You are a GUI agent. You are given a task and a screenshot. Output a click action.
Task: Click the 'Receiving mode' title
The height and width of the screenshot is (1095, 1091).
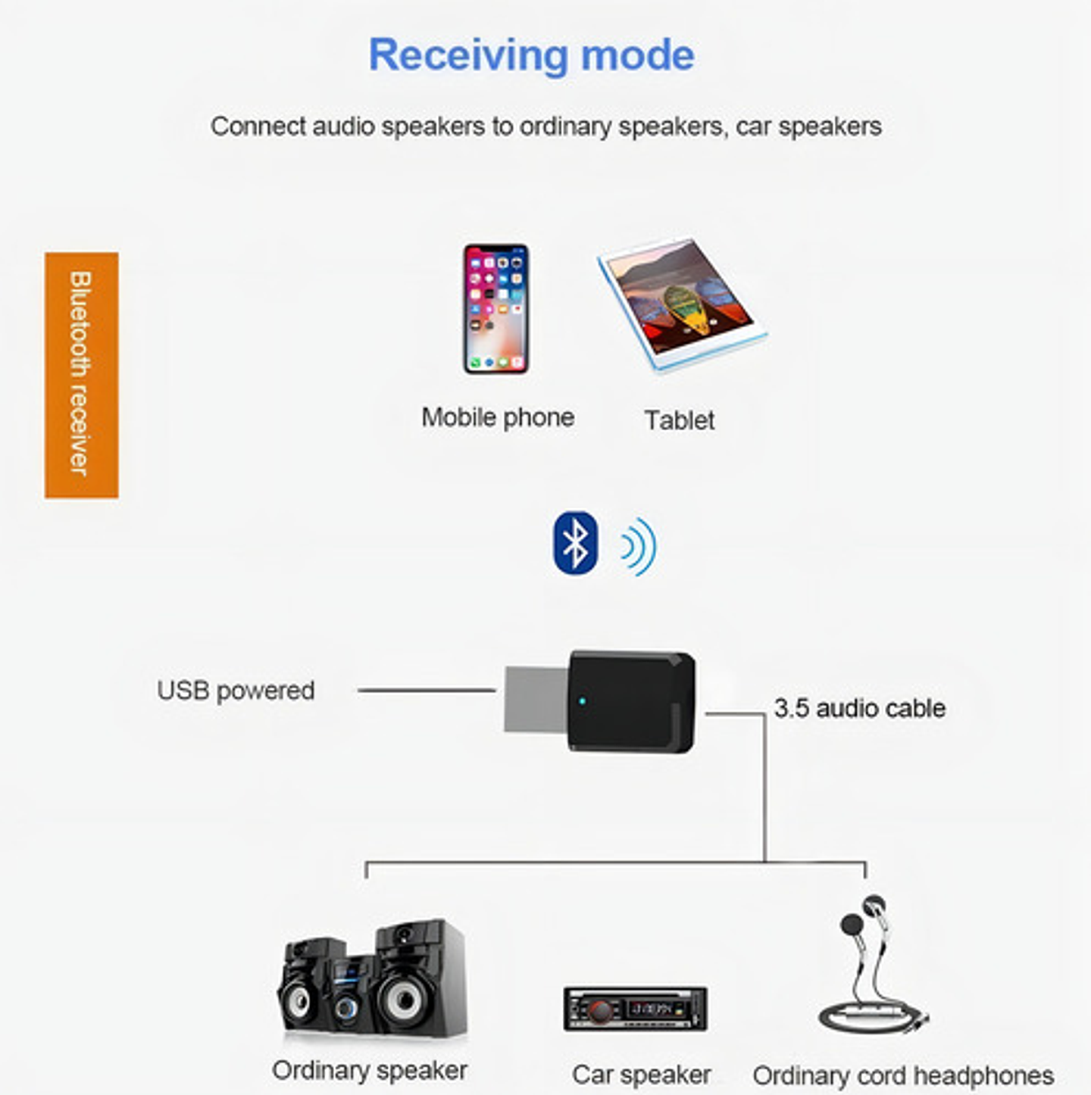[x=531, y=55]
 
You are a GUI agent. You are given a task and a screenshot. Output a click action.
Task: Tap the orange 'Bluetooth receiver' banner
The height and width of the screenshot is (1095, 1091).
[x=81, y=375]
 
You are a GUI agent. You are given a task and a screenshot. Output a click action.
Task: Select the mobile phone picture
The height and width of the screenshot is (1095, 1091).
[x=496, y=308]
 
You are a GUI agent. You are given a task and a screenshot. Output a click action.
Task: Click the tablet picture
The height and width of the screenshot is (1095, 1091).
[x=681, y=304]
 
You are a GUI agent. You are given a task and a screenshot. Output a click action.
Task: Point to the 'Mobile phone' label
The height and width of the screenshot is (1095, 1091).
[x=498, y=417]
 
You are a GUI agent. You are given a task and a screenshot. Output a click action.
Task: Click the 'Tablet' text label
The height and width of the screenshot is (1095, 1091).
[x=679, y=420]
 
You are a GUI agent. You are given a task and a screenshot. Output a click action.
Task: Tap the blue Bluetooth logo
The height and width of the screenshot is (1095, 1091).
[x=576, y=543]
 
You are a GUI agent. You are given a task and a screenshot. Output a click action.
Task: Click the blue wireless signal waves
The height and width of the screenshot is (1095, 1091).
[x=638, y=546]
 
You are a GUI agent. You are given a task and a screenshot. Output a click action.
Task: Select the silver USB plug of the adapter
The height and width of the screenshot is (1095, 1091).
[x=536, y=700]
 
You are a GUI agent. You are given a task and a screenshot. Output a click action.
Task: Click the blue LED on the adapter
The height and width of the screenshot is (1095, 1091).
[x=582, y=700]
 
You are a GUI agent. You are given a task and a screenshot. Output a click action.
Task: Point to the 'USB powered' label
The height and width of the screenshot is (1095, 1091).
[x=236, y=691]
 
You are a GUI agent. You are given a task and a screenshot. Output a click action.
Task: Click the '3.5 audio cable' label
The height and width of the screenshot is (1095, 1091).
[x=859, y=708]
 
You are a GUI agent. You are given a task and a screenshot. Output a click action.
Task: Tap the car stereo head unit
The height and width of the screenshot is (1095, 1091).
[x=635, y=1009]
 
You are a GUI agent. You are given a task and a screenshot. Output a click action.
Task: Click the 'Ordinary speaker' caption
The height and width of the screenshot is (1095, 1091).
[x=370, y=1070]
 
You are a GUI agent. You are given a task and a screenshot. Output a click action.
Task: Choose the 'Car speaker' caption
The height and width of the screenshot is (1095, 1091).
[x=641, y=1075]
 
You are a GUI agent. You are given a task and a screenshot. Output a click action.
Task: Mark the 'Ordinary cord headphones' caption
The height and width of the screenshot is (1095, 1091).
[x=903, y=1075]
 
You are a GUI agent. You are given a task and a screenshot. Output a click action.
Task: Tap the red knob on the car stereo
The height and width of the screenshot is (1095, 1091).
[x=601, y=1010]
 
